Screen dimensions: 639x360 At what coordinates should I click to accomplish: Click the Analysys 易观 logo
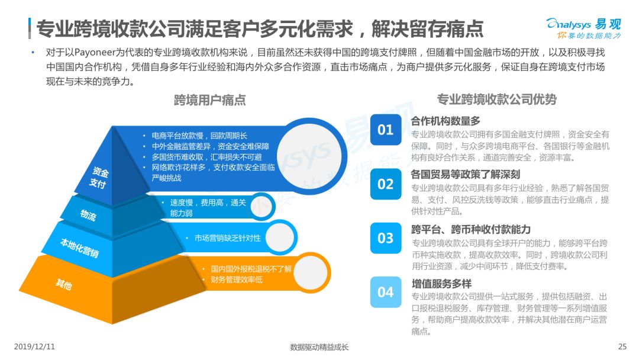tap(583, 28)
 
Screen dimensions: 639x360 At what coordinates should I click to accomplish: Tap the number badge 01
tap(386, 130)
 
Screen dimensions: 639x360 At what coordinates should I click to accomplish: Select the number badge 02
tap(386, 184)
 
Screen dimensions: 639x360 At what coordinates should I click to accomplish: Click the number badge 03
tap(386, 238)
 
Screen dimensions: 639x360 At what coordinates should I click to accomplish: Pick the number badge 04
tap(386, 292)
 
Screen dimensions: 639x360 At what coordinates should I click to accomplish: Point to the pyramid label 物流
tap(88, 214)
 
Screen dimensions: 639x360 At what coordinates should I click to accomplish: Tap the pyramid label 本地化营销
tap(79, 247)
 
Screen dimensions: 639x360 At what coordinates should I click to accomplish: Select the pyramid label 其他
tap(64, 284)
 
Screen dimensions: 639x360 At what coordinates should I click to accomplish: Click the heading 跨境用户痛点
tap(210, 100)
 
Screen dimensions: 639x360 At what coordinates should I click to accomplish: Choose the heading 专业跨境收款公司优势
tap(497, 99)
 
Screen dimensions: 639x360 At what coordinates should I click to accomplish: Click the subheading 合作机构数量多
tap(446, 121)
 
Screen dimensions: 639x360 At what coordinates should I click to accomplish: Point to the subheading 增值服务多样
tap(441, 284)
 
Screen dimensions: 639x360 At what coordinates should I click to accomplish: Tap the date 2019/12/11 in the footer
tap(34, 346)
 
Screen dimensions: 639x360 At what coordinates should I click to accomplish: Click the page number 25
tap(622, 346)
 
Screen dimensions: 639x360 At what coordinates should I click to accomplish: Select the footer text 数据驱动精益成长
tap(319, 347)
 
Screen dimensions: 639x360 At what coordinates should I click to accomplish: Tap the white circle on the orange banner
tap(311, 273)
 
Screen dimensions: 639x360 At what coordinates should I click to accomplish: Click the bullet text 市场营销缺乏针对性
tap(227, 238)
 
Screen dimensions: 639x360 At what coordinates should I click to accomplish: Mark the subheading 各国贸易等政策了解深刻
tap(466, 175)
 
